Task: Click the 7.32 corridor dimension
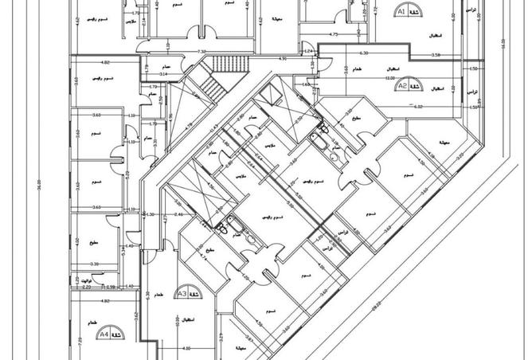pos(202,52)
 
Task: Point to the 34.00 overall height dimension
pos(37,185)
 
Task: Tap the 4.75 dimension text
pos(334,35)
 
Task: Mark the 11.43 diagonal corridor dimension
pos(214,129)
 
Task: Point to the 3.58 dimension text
pos(436,54)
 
